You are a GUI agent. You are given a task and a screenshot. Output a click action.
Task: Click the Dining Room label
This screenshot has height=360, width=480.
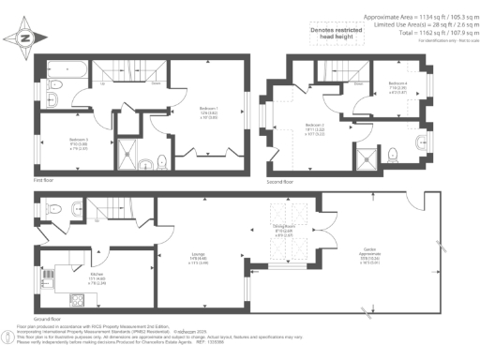(284, 231)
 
